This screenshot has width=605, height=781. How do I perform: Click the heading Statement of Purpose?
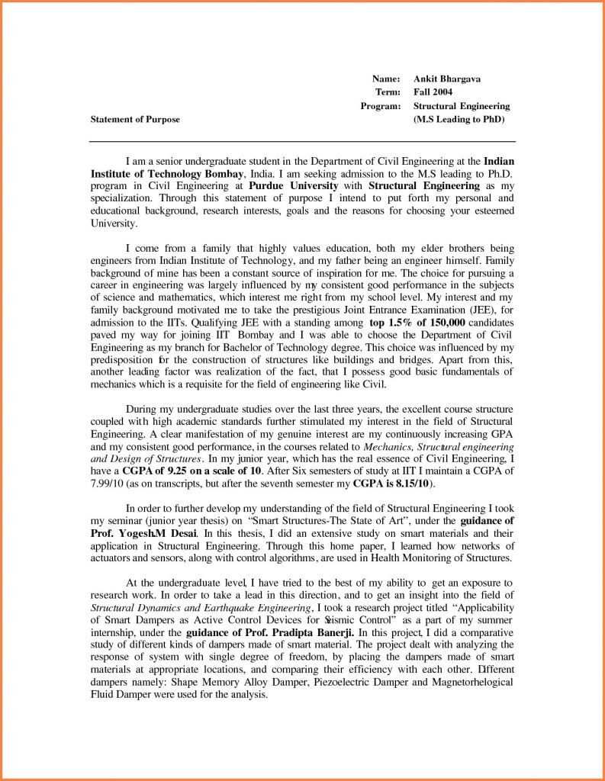(x=135, y=120)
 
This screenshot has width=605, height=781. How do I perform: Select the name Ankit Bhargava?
(x=447, y=79)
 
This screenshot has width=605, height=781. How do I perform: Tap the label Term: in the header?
(x=388, y=92)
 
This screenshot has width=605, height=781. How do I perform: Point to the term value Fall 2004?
(x=435, y=92)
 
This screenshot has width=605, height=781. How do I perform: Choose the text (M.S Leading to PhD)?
(x=459, y=120)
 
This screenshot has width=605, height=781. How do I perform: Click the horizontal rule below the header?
(x=302, y=142)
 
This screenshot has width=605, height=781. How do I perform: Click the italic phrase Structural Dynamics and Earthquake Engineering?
(x=201, y=608)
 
